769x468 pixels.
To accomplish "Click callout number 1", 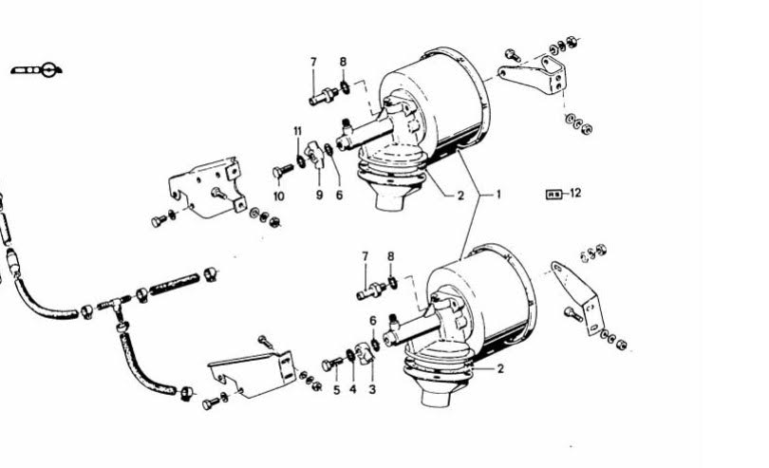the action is tap(498, 195).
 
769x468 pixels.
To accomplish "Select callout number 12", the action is tap(575, 193).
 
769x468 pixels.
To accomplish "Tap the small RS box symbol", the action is tap(553, 195).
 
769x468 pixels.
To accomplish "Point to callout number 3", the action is tap(372, 390).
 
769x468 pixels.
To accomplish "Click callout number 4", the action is tap(353, 390).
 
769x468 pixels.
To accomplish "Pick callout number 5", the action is tap(336, 390).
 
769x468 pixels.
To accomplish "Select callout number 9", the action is tap(319, 196).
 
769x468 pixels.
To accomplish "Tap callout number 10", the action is tap(278, 197).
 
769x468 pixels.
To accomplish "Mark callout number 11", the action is tap(298, 131).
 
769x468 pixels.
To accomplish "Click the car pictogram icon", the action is tap(36, 70).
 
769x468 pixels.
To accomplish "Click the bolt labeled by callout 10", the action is tap(283, 171).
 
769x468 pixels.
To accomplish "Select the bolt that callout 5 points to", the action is tap(332, 364).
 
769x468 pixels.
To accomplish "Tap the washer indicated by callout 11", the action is tap(301, 160).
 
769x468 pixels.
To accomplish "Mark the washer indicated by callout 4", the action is tap(350, 355).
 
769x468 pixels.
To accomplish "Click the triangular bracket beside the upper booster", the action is tap(535, 78).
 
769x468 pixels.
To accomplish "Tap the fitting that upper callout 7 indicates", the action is tap(323, 95).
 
